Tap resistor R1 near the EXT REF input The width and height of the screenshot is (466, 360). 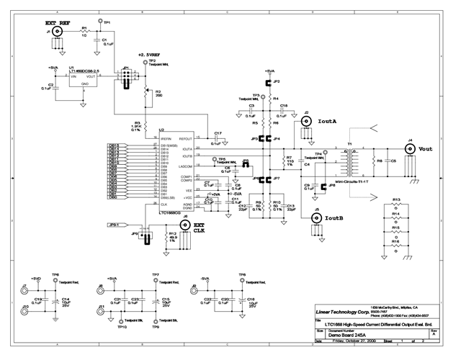click(84, 32)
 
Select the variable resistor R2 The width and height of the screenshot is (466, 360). click(146, 92)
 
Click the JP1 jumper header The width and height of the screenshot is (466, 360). click(127, 76)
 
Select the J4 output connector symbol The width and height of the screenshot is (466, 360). click(411, 150)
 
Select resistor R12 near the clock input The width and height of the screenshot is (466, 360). click(164, 236)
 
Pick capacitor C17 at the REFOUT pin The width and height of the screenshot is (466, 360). click(209, 135)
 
